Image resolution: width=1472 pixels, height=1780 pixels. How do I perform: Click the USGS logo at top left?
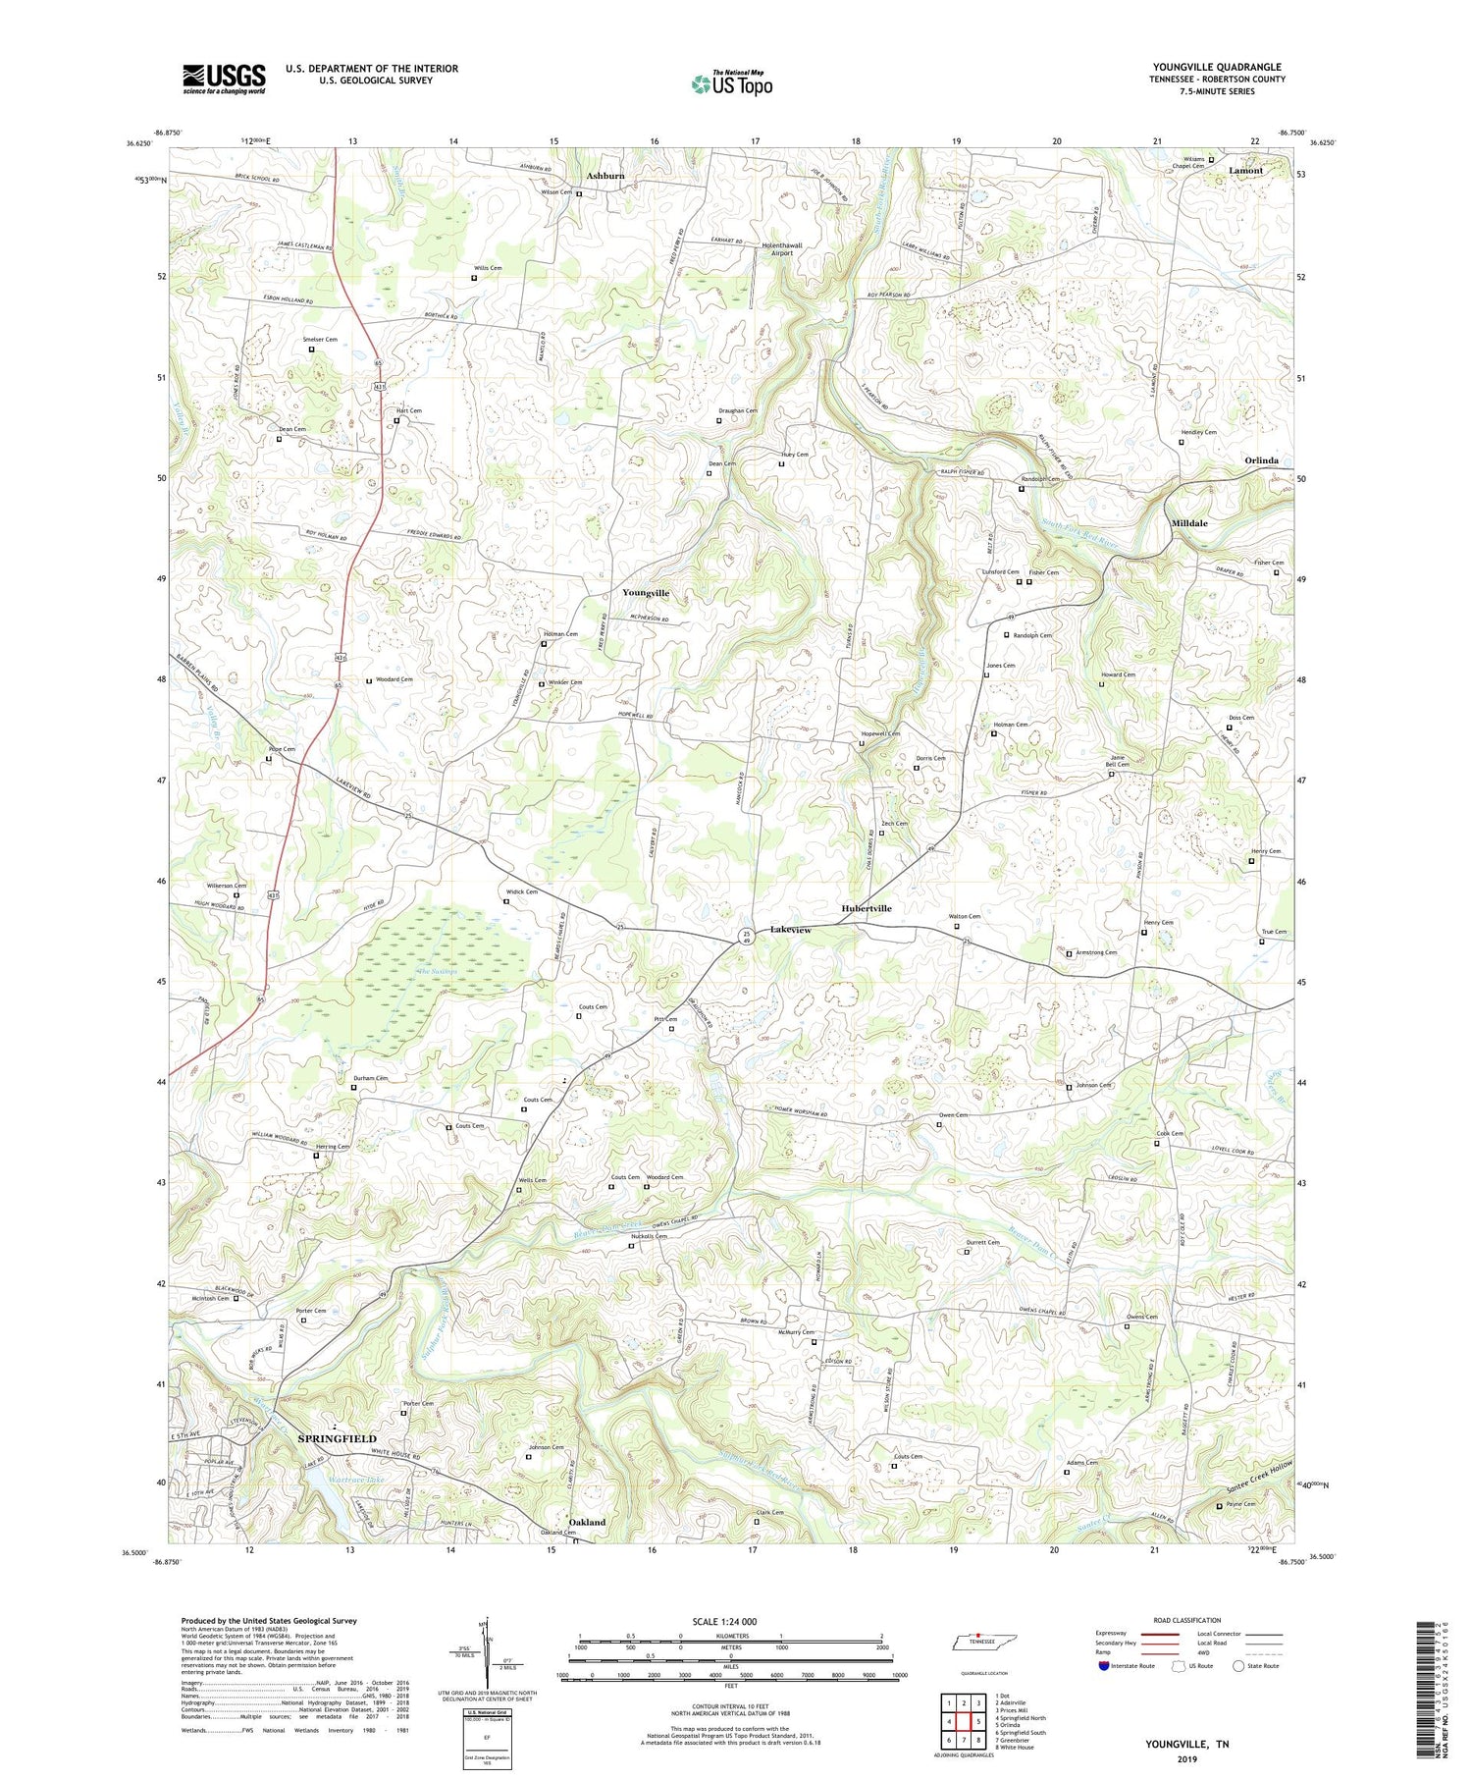click(x=224, y=79)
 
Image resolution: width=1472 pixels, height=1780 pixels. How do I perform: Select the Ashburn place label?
click(x=605, y=176)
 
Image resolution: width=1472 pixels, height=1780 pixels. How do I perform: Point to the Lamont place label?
click(x=1246, y=171)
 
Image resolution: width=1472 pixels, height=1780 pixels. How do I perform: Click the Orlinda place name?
click(x=1261, y=460)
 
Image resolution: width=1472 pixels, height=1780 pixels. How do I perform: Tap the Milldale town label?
click(x=1189, y=523)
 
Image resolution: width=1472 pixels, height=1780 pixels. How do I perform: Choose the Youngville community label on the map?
click(x=646, y=593)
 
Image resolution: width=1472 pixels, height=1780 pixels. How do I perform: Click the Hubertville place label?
click(x=867, y=908)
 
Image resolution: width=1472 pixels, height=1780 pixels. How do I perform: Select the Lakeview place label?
click(x=791, y=929)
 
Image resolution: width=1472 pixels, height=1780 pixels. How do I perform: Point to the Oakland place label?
click(x=587, y=1522)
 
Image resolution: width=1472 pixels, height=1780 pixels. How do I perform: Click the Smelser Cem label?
click(x=320, y=340)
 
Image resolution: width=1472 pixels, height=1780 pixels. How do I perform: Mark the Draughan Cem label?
click(x=737, y=411)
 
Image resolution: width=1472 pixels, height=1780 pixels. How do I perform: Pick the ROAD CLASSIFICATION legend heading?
click(x=1186, y=1620)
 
